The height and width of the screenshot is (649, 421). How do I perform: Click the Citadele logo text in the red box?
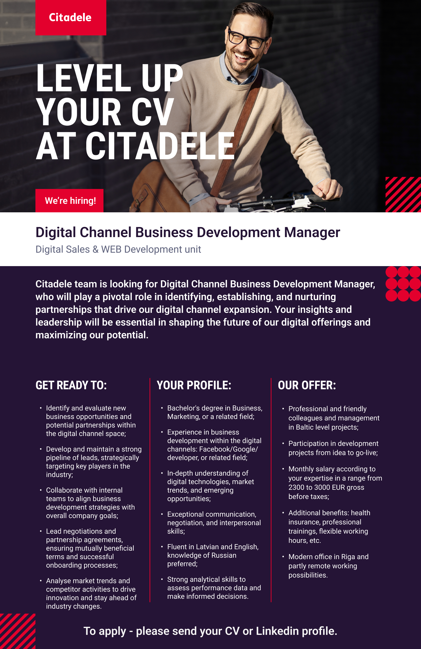[70, 17]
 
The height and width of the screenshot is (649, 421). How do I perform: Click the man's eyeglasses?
[247, 39]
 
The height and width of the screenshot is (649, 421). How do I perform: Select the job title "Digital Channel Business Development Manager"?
[188, 232]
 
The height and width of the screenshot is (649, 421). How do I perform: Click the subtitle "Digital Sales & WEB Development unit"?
[118, 249]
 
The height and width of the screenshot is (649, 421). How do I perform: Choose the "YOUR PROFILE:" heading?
[194, 385]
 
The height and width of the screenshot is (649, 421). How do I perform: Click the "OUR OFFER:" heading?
[307, 385]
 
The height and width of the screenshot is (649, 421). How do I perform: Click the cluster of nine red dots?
[403, 284]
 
